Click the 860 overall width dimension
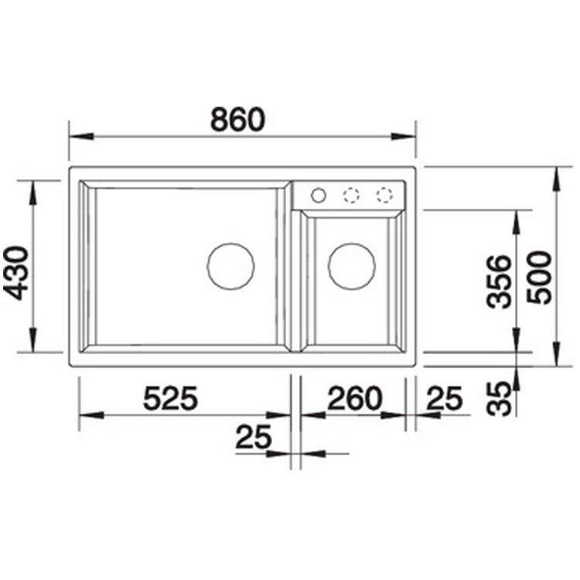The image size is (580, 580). click(238, 119)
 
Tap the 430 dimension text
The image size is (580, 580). click(15, 273)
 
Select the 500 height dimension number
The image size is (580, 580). click(539, 278)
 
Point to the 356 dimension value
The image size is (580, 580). click(499, 281)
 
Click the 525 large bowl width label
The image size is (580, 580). click(171, 398)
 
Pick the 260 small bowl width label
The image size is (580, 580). click(354, 398)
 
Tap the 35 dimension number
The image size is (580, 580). click(499, 399)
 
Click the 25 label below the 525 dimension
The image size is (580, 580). click(254, 437)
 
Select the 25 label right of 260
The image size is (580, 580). click(444, 398)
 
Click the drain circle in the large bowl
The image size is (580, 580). click(230, 243)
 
